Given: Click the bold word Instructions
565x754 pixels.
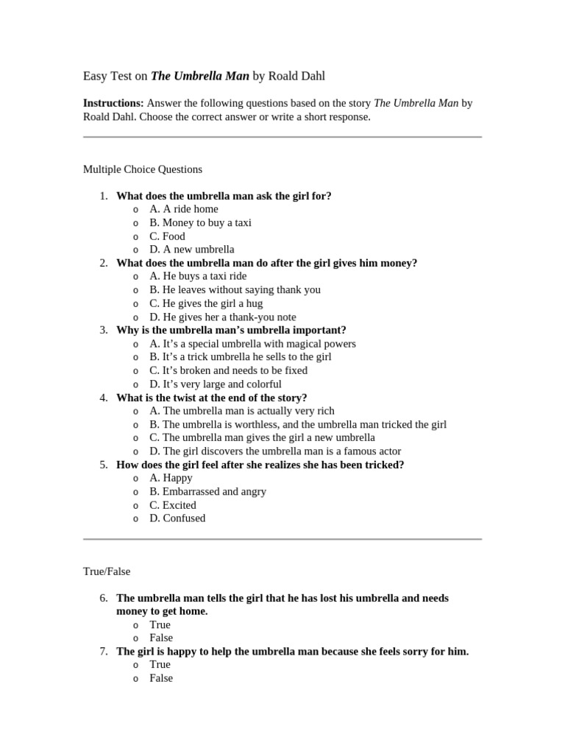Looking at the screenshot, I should click(x=113, y=104).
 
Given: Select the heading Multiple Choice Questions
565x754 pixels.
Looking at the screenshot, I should click(x=142, y=169).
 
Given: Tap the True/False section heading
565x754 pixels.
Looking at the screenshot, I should click(x=107, y=571).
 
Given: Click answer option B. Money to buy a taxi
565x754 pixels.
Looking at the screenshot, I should click(x=200, y=222).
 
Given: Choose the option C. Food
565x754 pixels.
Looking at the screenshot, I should click(x=167, y=236).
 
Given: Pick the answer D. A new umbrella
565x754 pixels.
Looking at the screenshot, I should click(x=191, y=250).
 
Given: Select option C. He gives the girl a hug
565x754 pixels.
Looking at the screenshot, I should click(x=205, y=303).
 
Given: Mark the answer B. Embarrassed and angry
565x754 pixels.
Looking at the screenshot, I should click(x=207, y=491).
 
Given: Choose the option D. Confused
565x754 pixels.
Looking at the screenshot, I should click(x=177, y=518).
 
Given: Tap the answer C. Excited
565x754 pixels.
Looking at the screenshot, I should click(x=173, y=505).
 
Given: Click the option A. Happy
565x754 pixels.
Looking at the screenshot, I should click(x=171, y=478).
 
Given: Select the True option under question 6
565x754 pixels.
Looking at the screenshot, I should click(x=160, y=624).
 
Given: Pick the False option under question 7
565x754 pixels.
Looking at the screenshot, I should click(x=161, y=678).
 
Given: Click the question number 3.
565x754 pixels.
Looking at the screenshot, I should click(x=104, y=330).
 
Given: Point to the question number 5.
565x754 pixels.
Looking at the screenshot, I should click(x=104, y=465).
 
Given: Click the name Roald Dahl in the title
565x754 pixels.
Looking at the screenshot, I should click(x=296, y=76).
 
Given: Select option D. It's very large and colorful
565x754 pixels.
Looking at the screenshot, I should click(x=215, y=384).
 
